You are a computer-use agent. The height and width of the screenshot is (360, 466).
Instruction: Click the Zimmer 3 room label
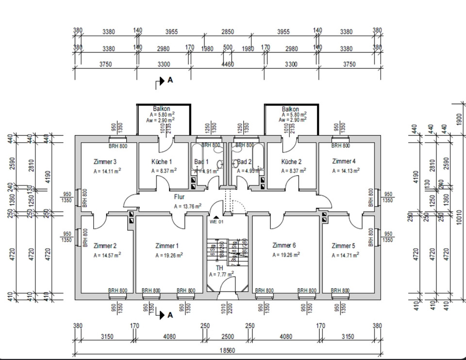coord(105,162)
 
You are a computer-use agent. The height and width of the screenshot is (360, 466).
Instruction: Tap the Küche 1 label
coord(162,162)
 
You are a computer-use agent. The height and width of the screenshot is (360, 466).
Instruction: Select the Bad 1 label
coord(201,162)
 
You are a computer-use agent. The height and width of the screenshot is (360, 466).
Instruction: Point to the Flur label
coord(180,197)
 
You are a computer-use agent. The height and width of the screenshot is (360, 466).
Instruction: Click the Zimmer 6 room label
coord(284,245)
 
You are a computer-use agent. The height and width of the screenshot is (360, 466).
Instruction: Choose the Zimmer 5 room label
coord(343,246)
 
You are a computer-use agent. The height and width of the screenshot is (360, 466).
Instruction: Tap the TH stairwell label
coord(219,268)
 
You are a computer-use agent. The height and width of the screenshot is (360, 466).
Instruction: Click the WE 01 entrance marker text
coord(216,222)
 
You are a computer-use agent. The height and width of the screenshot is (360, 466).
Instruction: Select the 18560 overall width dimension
coord(228,350)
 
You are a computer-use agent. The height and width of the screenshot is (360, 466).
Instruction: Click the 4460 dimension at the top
coord(228,64)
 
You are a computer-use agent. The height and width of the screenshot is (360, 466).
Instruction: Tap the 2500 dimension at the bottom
coord(228,336)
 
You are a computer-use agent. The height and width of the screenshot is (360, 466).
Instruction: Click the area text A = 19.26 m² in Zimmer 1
coord(169,255)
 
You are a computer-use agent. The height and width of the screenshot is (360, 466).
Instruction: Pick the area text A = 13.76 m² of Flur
coord(188,206)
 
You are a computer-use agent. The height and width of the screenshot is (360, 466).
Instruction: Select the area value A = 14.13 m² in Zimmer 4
coord(346,171)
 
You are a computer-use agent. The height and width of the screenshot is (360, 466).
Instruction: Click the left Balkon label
coord(162,109)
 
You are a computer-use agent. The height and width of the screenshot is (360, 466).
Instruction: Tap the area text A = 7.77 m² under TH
coord(221,274)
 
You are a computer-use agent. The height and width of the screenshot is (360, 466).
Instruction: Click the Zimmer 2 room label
coord(105,246)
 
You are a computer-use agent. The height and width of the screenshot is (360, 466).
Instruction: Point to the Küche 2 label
coord(292,162)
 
